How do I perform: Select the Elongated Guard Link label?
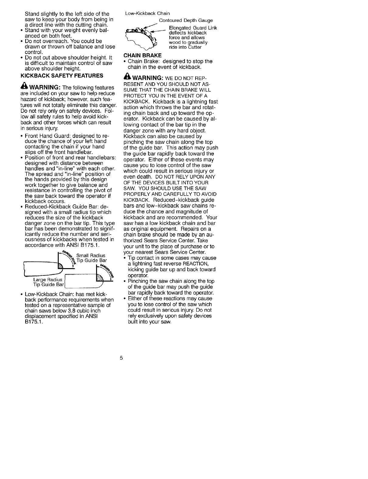click(193, 28)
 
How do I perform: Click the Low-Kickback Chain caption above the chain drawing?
click(148, 13)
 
